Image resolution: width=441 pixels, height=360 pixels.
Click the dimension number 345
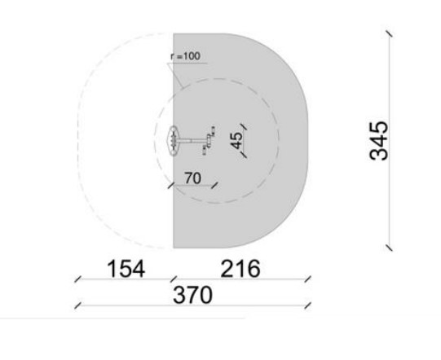pyautogui.click(x=379, y=141)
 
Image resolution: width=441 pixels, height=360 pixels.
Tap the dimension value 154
pyautogui.click(x=126, y=269)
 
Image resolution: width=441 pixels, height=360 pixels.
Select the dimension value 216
pyautogui.click(x=240, y=269)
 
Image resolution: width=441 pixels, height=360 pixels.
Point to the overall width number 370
pyautogui.click(x=192, y=295)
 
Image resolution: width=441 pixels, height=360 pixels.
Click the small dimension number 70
pyautogui.click(x=192, y=178)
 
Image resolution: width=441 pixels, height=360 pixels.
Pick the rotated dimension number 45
pyautogui.click(x=236, y=140)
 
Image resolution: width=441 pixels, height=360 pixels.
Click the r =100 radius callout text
pyautogui.click(x=186, y=56)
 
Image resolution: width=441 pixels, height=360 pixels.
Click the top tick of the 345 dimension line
pyautogui.click(x=390, y=33)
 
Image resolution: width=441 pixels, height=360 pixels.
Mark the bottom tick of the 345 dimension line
pyautogui.click(x=390, y=248)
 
